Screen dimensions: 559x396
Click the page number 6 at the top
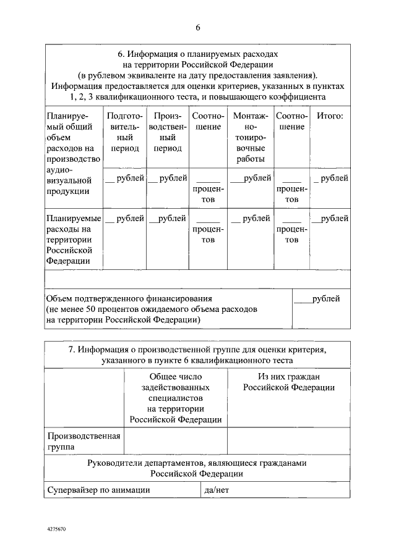[x=198, y=27]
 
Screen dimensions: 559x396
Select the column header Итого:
[x=329, y=116]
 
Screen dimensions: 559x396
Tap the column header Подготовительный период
[x=125, y=132]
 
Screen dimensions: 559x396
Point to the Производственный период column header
[x=168, y=132]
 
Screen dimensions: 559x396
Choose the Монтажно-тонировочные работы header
[x=250, y=137]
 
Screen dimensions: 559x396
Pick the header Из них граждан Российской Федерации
[x=288, y=382]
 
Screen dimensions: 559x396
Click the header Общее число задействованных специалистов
[x=176, y=398]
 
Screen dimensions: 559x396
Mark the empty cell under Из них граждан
[x=288, y=440]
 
